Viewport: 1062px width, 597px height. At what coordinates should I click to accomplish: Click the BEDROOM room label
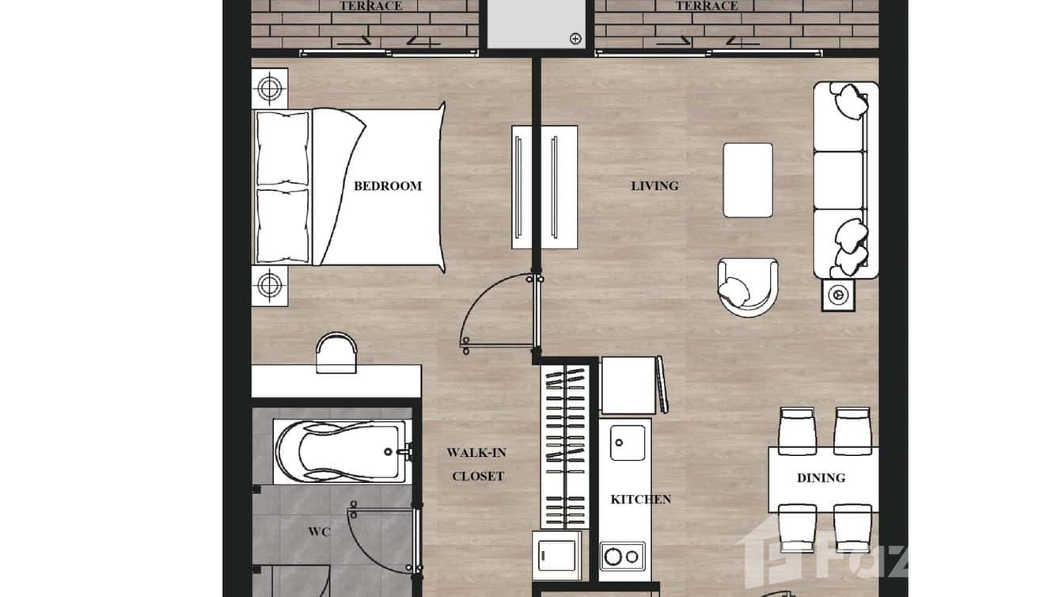coord(387,186)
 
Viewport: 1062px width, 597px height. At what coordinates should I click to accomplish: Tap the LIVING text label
coord(654,186)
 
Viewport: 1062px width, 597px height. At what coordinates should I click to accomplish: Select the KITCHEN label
coord(640,500)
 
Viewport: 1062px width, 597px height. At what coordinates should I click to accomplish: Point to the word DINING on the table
coord(821,478)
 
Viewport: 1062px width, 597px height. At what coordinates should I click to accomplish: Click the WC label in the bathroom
coord(319,531)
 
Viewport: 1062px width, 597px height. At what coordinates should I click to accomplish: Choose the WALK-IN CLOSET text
coord(477,465)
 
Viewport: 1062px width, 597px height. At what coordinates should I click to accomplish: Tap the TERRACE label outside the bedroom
coord(370,6)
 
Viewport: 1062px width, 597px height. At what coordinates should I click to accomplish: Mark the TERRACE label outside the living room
coord(706,6)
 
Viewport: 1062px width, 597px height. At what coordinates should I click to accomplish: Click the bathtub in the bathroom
coord(340,451)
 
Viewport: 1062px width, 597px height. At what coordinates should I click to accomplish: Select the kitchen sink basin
coord(628,442)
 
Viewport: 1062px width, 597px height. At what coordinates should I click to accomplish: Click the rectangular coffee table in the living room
coord(748,180)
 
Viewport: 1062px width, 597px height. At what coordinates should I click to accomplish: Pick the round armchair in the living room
coord(747,287)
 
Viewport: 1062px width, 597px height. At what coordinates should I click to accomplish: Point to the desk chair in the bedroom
coord(336,352)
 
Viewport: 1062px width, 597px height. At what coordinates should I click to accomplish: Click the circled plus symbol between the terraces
coord(575,38)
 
